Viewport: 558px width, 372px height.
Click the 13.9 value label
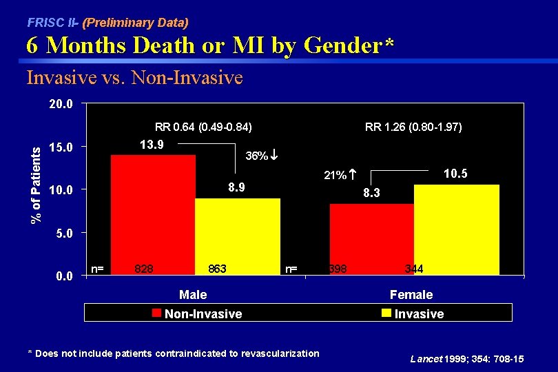click(152, 145)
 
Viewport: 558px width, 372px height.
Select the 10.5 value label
click(455, 174)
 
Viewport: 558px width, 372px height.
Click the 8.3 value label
click(373, 195)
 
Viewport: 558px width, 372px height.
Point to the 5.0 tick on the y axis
click(64, 233)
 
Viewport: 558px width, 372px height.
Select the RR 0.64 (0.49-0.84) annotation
click(203, 127)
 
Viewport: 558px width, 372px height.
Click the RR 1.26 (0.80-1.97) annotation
click(413, 127)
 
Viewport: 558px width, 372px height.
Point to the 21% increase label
click(340, 176)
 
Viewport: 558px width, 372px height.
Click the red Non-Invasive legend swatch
click(158, 313)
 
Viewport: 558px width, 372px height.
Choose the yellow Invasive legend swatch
click(387, 313)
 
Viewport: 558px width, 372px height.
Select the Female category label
click(411, 295)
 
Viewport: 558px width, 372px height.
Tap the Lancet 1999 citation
click(467, 359)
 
